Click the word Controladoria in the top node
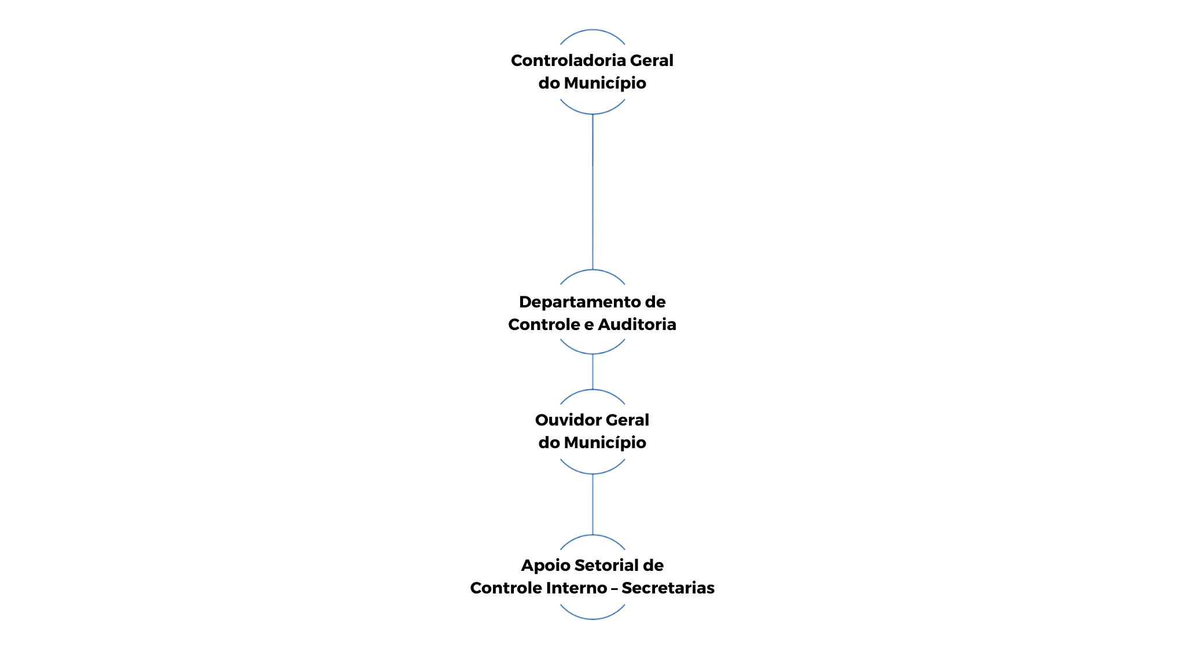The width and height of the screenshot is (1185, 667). [568, 61]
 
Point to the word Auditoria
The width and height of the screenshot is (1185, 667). [637, 325]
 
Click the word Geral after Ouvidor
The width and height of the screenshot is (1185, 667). [628, 420]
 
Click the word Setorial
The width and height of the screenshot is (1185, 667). [599, 566]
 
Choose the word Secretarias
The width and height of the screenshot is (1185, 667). [668, 588]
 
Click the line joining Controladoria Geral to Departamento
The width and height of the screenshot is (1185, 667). [592, 192]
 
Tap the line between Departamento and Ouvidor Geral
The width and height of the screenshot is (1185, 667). [592, 372]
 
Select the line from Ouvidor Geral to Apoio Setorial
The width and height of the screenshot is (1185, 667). [592, 504]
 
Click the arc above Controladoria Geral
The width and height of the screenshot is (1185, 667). [592, 30]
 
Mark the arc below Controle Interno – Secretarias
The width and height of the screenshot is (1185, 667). [592, 619]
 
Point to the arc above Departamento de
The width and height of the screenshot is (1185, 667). [592, 270]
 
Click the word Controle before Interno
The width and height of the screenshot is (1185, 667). [504, 588]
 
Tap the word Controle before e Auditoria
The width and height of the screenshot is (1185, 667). [542, 325]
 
